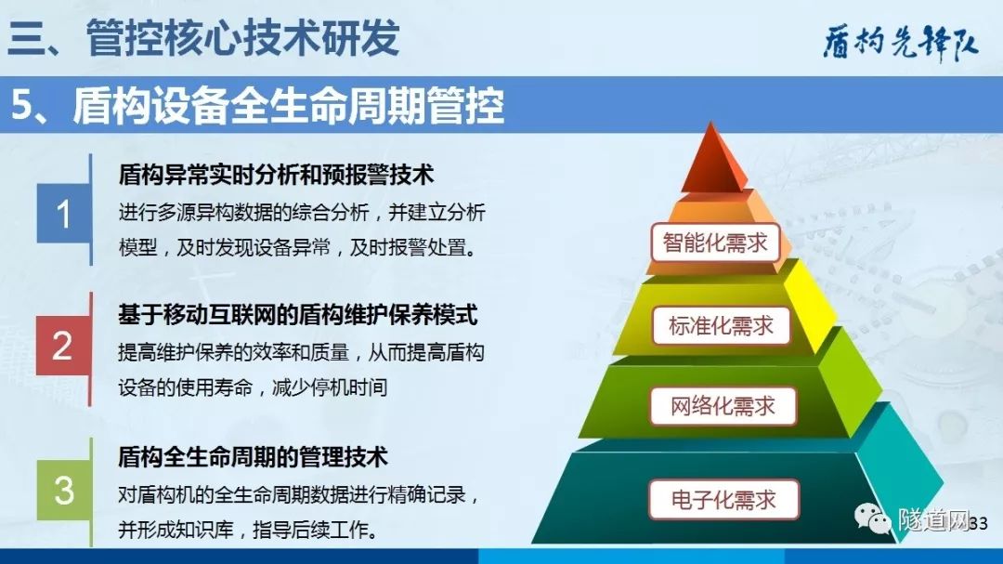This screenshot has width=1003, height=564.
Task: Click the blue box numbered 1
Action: [63, 213]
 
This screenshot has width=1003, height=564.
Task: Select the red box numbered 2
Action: [63, 346]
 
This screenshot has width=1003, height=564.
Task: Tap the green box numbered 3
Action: [64, 490]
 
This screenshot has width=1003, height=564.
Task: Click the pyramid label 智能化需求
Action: [715, 243]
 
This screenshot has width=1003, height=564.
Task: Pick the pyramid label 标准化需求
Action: [721, 325]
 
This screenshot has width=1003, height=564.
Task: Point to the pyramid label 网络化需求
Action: [723, 406]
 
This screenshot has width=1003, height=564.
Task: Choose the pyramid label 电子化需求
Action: [723, 499]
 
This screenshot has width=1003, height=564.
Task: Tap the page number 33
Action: [979, 524]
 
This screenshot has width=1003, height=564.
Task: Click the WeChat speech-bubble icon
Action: [873, 518]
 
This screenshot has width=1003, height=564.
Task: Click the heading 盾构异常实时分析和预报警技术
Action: [277, 175]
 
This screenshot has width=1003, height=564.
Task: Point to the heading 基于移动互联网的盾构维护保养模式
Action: [298, 315]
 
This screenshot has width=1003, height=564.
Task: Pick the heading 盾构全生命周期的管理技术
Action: [254, 457]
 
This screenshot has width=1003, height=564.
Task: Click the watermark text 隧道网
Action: [933, 518]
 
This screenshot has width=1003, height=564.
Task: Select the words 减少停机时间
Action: [330, 387]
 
